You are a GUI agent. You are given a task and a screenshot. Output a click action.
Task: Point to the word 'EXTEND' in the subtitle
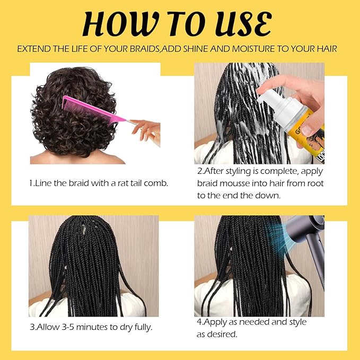point(32,49)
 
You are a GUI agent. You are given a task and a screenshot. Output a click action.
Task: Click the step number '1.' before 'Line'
point(32,183)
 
